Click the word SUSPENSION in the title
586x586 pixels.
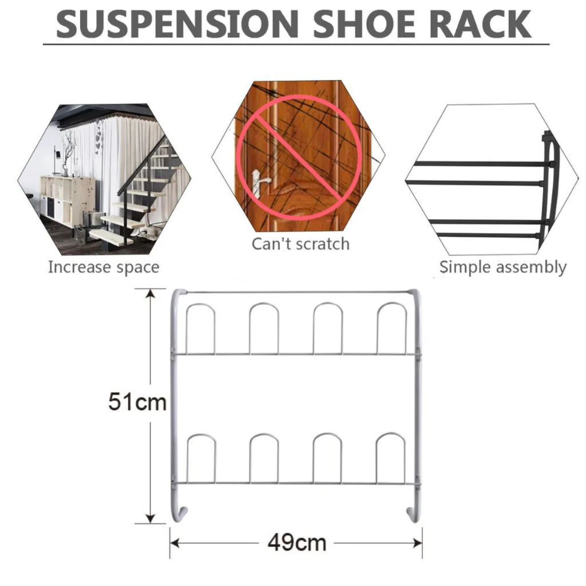(x=177, y=24)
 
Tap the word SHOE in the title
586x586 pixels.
(x=364, y=24)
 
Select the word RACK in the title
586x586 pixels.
(x=480, y=24)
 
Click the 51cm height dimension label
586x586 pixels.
(x=137, y=402)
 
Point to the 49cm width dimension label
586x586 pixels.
(x=297, y=543)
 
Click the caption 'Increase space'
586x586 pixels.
(x=104, y=268)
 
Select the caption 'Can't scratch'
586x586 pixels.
(x=301, y=244)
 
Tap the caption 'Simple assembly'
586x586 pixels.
(x=502, y=268)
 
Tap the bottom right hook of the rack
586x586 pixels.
(x=413, y=514)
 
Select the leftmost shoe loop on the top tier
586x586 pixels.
(x=200, y=304)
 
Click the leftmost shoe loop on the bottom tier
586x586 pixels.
(x=201, y=435)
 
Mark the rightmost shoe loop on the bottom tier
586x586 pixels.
(x=390, y=434)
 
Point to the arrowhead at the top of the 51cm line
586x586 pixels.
(x=151, y=293)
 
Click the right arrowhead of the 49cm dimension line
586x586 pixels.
(x=418, y=543)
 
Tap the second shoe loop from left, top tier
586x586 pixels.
(x=264, y=304)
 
